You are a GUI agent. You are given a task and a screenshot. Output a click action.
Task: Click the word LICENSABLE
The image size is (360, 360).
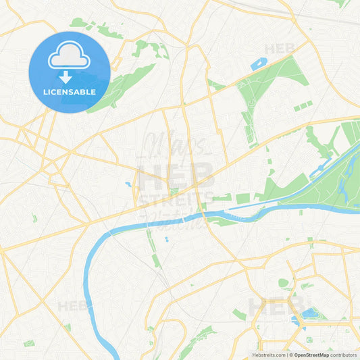[69, 91]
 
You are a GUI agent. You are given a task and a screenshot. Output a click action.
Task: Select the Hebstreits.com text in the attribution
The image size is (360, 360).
[268, 354]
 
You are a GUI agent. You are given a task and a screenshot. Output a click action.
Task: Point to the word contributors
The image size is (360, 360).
[343, 354]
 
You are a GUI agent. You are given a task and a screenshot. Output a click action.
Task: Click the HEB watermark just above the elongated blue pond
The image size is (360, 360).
[279, 49]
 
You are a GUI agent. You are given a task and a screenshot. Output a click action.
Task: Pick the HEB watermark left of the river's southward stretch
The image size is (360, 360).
[72, 305]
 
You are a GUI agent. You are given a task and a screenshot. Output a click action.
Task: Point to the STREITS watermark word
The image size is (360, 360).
[174, 200]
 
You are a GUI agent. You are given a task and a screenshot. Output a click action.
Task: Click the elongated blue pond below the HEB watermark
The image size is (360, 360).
[259, 65]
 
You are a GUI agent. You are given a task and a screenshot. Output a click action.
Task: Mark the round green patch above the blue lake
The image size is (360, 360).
[284, 283]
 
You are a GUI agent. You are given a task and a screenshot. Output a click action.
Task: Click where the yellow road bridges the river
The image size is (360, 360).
[200, 217]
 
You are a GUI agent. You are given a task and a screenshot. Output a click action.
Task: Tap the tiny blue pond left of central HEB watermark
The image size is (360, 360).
[128, 184]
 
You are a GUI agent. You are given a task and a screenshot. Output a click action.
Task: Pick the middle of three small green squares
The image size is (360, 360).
[302, 106]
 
